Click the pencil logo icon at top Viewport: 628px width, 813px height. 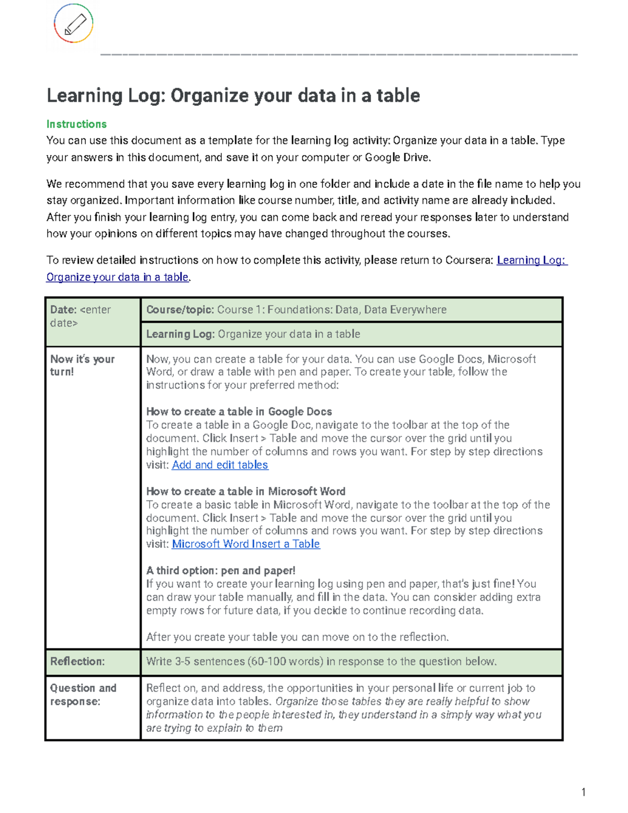[74, 24]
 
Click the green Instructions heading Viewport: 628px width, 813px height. [76, 124]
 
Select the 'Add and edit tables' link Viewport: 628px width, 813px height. [220, 465]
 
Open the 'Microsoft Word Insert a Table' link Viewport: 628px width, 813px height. [246, 544]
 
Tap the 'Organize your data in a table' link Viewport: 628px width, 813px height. [117, 277]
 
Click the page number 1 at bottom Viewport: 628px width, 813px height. [583, 792]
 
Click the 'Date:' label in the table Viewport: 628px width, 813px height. [63, 310]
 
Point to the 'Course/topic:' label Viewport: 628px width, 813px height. [180, 310]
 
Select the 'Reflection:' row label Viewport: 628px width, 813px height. [77, 662]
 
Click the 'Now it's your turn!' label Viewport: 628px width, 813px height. [82, 365]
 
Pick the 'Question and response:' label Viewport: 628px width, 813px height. [83, 695]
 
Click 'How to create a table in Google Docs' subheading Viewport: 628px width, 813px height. [239, 411]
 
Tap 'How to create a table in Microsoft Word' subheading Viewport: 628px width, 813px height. [245, 492]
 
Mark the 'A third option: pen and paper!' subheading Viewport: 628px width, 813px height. [220, 571]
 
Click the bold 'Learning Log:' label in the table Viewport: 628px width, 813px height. [180, 334]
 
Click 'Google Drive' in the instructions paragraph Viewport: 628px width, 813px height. [397, 158]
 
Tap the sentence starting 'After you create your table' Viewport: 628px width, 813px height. [297, 637]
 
